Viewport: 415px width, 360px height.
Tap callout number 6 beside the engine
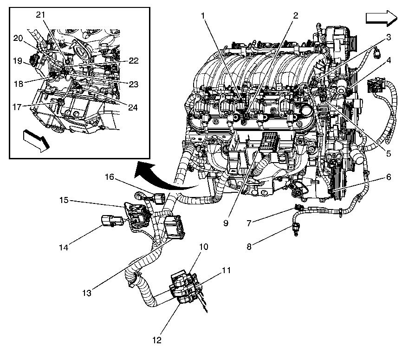388,177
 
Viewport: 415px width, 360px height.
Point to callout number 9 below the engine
226,223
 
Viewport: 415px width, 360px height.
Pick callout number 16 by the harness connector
109,177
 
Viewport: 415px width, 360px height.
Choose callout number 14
64,248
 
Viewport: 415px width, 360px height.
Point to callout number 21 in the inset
40,15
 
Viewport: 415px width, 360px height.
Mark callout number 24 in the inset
133,107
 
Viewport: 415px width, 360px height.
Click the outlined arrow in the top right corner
381,18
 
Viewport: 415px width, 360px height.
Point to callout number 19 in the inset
18,61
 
